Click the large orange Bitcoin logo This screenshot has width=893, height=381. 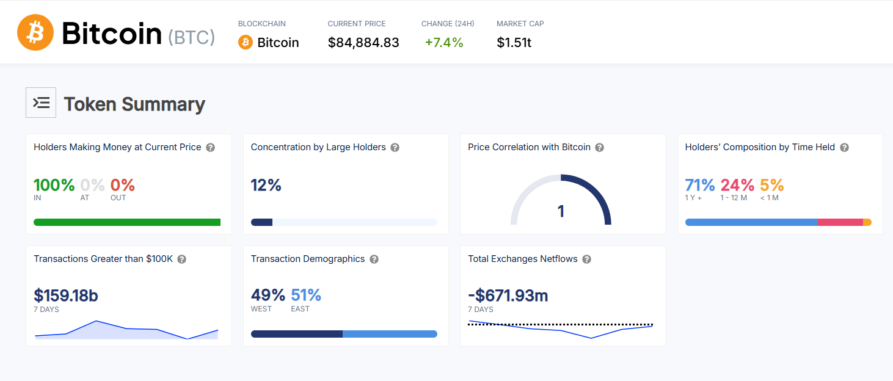35,33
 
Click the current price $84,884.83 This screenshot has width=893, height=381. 363,43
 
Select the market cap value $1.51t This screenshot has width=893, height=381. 514,43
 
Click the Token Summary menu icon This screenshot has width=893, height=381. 41,103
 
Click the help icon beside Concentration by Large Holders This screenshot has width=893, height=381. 395,148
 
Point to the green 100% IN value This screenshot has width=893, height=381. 54,185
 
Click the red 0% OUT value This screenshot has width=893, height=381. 122,185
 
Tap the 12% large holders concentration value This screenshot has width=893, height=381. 266,185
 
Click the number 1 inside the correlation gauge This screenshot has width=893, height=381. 561,211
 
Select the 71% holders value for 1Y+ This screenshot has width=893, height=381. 700,185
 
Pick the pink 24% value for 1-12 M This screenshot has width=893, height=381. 737,185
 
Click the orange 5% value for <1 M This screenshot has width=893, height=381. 771,185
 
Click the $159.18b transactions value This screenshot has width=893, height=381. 66,296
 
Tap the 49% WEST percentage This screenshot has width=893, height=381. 268,296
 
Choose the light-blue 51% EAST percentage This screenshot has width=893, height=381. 306,296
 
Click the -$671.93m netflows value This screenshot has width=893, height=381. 508,296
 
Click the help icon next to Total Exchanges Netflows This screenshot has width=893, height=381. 586,259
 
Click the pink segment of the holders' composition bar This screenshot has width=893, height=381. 840,222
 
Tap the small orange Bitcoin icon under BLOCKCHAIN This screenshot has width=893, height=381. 246,43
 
